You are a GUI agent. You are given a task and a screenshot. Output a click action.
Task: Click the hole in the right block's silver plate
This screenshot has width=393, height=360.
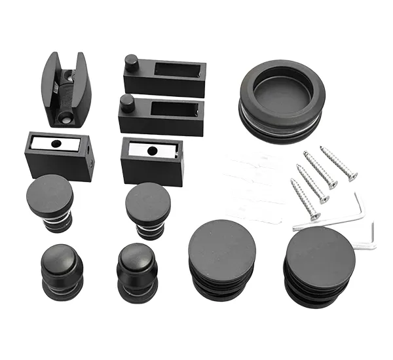(152, 150)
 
